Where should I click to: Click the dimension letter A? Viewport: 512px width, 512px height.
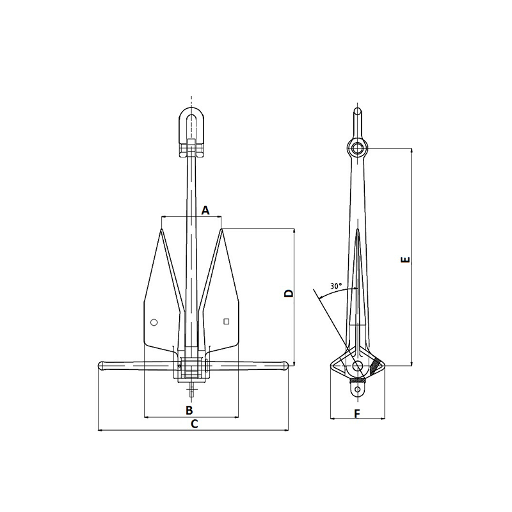pos(205,211)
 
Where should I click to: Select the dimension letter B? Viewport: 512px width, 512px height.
pos(189,410)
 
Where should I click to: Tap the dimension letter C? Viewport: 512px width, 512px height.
pos(195,424)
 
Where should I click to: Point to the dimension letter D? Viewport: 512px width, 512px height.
pos(289,293)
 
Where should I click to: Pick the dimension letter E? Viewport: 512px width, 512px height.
pos(405,260)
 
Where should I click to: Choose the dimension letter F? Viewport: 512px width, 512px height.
pos(357,414)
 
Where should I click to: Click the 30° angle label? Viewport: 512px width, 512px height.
pos(335,286)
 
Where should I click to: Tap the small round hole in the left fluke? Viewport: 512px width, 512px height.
pos(154,323)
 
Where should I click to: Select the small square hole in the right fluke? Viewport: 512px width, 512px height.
pos(227,322)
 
